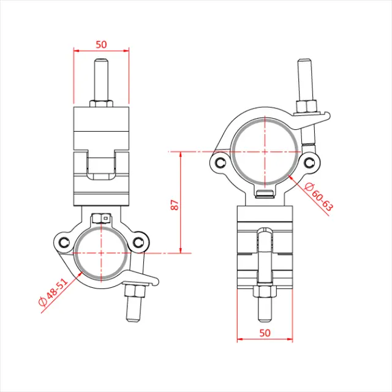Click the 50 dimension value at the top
coord(101,44)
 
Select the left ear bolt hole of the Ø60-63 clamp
coord(219,162)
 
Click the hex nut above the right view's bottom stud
coord(265,293)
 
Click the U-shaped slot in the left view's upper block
coord(101,167)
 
